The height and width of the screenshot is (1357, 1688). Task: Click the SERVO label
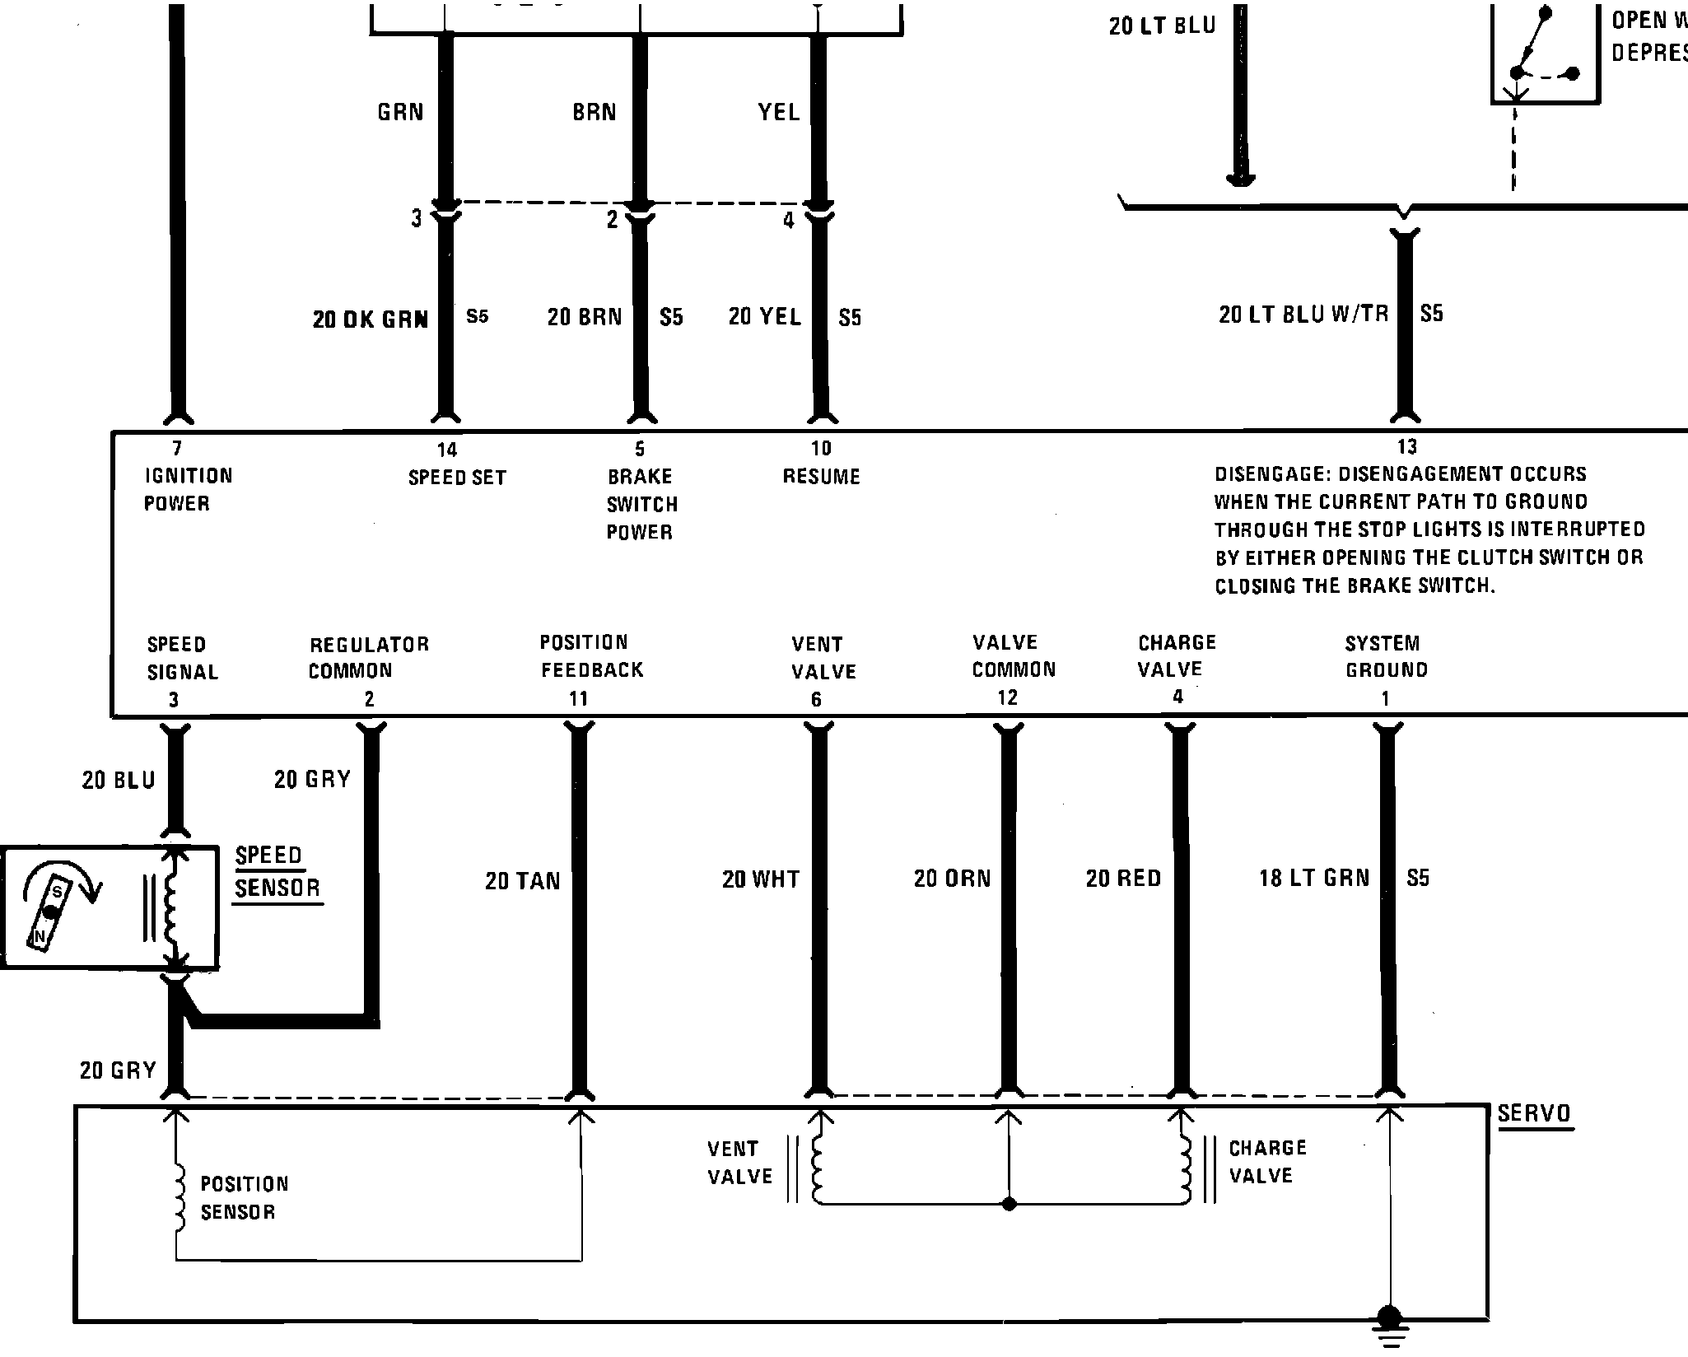point(1534,1114)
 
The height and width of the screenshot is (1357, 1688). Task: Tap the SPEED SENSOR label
point(277,871)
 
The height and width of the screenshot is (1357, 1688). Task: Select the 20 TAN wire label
point(523,881)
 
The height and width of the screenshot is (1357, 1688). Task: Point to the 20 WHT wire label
point(761,879)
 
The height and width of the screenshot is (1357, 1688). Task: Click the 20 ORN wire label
point(953,879)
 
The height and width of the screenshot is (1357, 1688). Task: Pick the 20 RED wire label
point(1123,879)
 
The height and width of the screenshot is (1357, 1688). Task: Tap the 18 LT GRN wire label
point(1314,879)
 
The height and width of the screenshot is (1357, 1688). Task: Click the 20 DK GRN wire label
point(371,319)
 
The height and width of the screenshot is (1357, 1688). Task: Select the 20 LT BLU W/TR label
point(1303,314)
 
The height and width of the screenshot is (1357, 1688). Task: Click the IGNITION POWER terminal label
point(188,489)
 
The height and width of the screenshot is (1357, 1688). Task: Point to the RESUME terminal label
point(821,477)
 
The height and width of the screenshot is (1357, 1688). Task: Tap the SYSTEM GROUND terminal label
point(1387,656)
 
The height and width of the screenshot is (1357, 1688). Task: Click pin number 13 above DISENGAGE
point(1407,447)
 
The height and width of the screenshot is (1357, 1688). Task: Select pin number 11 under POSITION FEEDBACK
point(578,699)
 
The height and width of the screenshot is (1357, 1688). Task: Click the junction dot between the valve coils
point(1010,1204)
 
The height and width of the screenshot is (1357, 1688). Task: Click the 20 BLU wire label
point(119,781)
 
